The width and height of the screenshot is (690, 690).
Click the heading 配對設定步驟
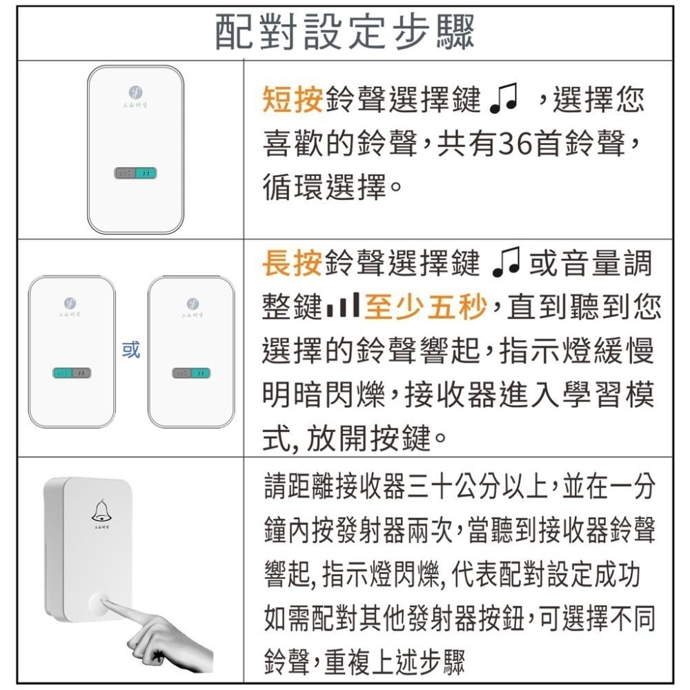coord(345,32)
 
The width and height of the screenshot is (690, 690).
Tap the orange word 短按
coord(293,101)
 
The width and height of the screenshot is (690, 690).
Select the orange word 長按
coord(293,263)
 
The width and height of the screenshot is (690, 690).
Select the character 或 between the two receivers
coord(131,351)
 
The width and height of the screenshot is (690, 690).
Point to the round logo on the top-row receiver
coord(135,90)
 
